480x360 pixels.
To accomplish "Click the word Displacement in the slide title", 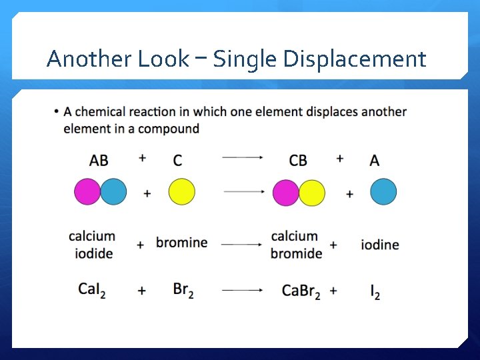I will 355,60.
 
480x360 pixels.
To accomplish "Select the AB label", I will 99,161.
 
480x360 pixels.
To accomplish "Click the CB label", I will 298,161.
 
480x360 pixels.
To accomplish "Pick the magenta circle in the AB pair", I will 87,192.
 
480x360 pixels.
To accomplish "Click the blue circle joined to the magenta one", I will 113,192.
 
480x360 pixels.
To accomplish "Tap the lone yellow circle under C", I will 182,192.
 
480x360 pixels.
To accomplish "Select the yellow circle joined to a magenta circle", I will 312,193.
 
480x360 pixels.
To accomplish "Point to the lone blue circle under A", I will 383,192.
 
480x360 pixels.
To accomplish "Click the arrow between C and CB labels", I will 242,158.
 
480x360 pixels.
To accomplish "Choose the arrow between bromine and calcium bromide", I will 242,245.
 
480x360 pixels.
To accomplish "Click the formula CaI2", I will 92,289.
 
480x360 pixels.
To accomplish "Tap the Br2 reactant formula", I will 183,290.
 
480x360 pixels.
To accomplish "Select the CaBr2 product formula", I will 301,291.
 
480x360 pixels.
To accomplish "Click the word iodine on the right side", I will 380,245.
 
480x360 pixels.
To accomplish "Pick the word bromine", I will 182,242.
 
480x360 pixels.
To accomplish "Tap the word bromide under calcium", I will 297,253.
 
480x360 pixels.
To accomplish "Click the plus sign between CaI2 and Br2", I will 142,291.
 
